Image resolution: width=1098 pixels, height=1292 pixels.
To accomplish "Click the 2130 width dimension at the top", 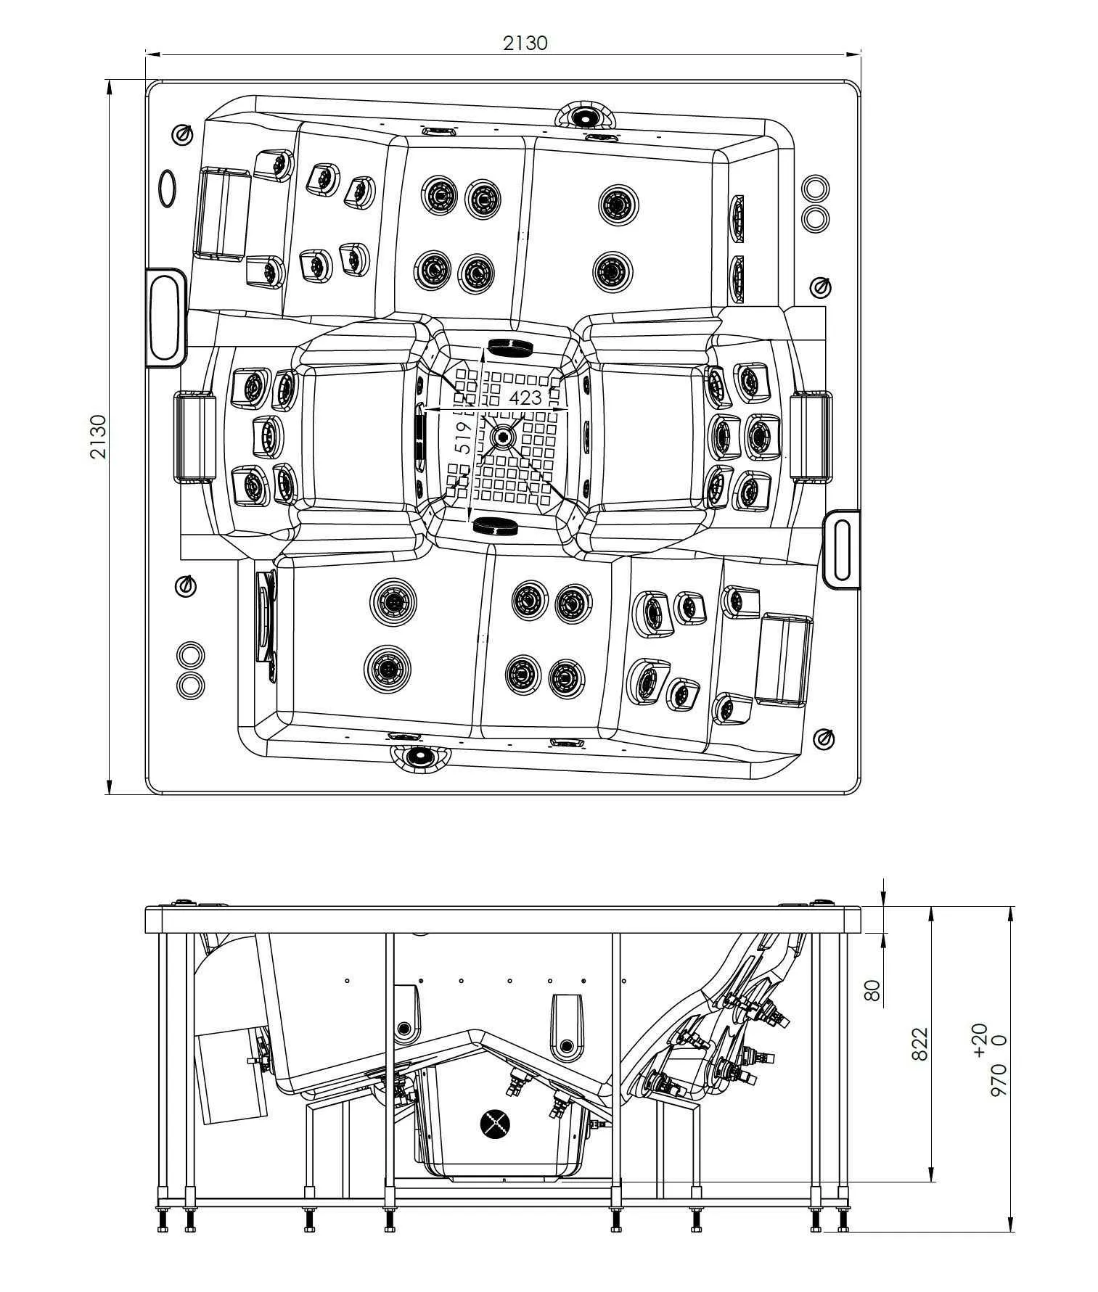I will [x=525, y=43].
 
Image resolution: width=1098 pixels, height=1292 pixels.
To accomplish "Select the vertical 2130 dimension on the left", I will [x=98, y=436].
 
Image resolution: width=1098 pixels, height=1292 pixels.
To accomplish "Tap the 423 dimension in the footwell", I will [x=524, y=398].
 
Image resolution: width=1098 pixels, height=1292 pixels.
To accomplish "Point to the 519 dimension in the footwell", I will [x=462, y=437].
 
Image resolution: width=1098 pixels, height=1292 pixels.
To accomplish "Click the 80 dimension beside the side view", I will [x=873, y=989].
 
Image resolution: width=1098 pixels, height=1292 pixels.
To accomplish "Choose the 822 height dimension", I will [x=919, y=1044].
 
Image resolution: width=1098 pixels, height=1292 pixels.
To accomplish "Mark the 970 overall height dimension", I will [x=999, y=1080].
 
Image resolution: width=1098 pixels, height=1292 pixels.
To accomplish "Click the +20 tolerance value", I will [x=979, y=1039].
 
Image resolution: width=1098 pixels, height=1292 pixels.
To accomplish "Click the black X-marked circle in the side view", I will [x=496, y=1124].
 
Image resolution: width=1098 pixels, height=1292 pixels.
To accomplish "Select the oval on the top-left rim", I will [x=167, y=189].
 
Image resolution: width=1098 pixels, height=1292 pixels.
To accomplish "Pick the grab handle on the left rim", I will [x=166, y=318].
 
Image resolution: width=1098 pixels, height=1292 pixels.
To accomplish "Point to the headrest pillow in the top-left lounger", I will [x=221, y=213].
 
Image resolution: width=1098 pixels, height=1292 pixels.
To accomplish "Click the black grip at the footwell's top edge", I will [x=511, y=346].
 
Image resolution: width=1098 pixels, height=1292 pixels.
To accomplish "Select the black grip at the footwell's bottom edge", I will [x=495, y=527].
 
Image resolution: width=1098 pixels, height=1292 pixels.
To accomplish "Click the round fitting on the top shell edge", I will [x=583, y=115].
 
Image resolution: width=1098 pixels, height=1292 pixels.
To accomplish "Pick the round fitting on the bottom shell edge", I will [x=419, y=757].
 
